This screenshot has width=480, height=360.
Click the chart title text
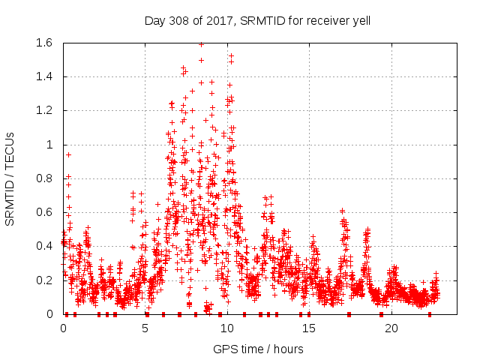click(257, 20)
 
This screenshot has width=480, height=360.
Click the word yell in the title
click(360, 20)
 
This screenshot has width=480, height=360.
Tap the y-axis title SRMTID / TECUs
click(10, 178)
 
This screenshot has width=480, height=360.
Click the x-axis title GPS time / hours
click(258, 349)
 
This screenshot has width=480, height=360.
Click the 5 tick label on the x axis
click(145, 328)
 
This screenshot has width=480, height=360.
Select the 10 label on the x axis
click(227, 328)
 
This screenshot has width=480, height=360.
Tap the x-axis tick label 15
click(309, 328)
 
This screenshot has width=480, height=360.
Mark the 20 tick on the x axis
click(391, 328)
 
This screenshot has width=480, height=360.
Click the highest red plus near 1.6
click(201, 44)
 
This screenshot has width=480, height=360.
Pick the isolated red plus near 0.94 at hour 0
click(68, 154)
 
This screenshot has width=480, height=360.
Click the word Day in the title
click(154, 20)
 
